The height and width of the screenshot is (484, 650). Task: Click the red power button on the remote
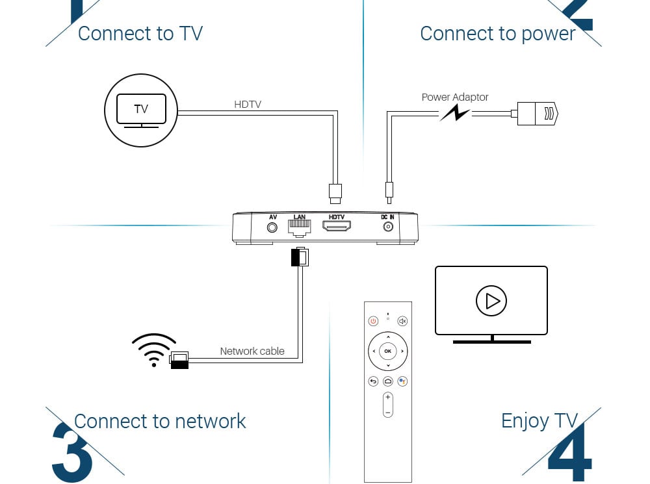pos(373,321)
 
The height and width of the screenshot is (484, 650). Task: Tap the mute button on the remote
pos(402,321)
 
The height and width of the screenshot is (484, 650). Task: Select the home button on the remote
pos(388,381)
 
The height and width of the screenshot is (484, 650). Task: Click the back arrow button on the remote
pos(373,381)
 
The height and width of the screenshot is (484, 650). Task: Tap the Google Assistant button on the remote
pos(402,381)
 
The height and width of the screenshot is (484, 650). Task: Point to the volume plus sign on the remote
pos(388,397)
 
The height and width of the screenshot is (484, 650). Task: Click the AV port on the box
pos(273,228)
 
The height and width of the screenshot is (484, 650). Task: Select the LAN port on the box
pos(300,227)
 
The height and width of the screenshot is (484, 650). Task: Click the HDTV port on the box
pos(337,227)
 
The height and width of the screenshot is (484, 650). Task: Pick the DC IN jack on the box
pos(388,227)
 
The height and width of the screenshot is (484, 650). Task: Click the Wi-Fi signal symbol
pos(154,350)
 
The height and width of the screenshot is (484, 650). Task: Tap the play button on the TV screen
pos(491,301)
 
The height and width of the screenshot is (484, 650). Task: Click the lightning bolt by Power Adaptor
pos(455,114)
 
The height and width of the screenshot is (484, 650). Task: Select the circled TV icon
pos(141,109)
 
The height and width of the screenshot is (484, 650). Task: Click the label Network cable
pos(252,351)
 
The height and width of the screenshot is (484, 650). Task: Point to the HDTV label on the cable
pos(248,104)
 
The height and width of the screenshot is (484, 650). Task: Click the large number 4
pos(571,454)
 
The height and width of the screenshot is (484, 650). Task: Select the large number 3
pos(71,452)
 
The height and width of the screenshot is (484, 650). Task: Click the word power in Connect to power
pos(546,34)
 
